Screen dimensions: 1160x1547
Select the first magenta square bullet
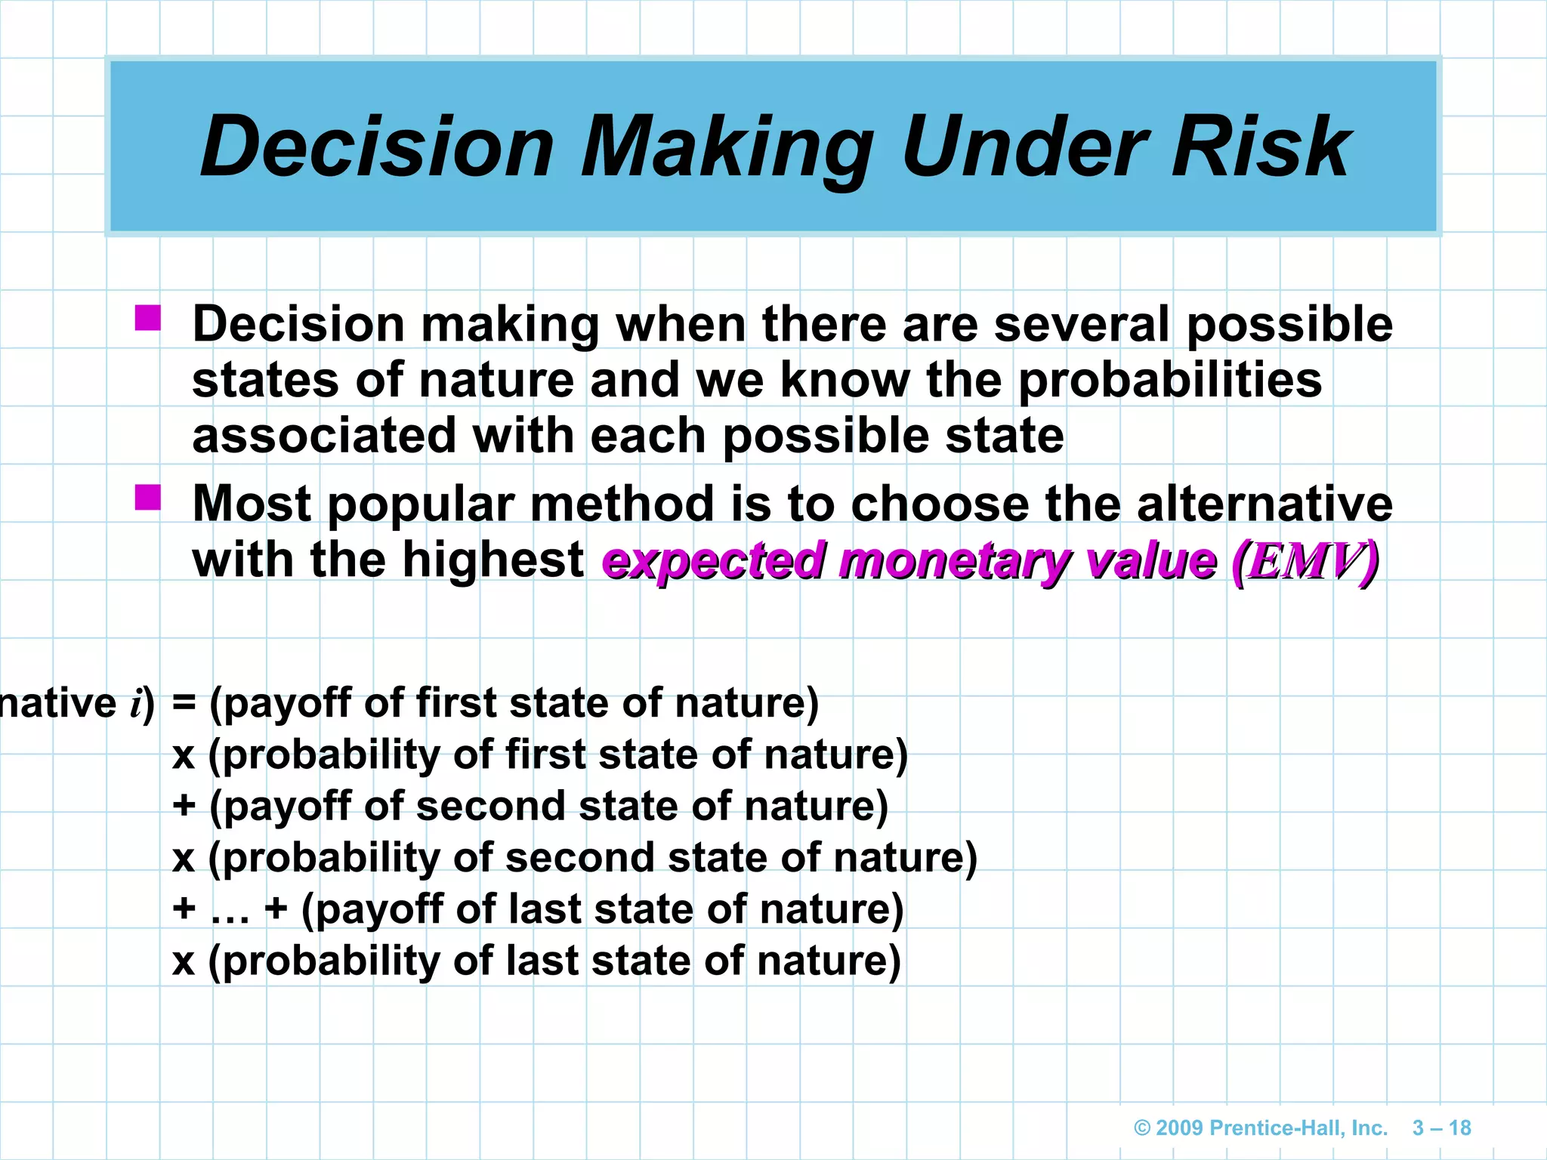[148, 318]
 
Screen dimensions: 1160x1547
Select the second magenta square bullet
[148, 498]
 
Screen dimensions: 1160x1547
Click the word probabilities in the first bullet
[1169, 380]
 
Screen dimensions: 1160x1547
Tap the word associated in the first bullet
[325, 436]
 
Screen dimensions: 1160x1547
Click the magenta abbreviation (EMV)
[1305, 561]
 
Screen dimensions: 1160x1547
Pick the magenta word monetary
[954, 561]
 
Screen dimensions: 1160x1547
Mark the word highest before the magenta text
[493, 561]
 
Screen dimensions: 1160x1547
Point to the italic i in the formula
[136, 704]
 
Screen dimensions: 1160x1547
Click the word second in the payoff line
[490, 806]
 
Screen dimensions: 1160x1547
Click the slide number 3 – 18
[1441, 1128]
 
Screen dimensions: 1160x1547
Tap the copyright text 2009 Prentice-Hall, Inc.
[1271, 1128]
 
